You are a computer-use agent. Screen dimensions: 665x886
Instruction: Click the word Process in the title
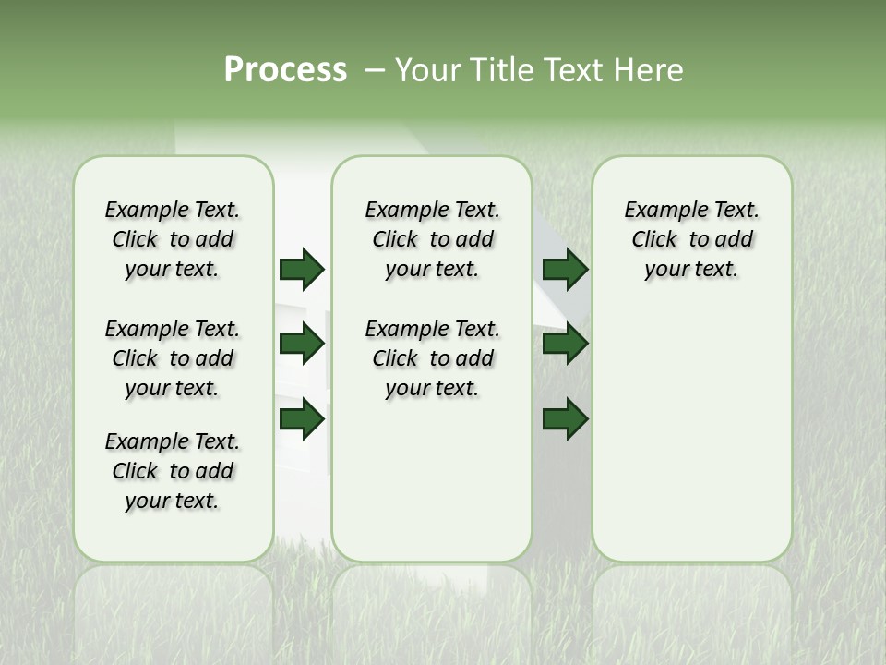click(x=285, y=70)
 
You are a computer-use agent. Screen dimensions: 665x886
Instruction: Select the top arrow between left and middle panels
click(x=302, y=269)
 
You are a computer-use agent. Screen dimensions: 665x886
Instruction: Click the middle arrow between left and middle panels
click(x=302, y=344)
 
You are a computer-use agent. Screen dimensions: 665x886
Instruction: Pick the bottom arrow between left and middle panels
click(x=302, y=419)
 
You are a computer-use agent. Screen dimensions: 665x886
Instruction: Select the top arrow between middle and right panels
click(x=565, y=269)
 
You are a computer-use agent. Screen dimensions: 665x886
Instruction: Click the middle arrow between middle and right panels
click(x=565, y=344)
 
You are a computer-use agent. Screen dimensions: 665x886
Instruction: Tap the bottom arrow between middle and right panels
click(x=565, y=419)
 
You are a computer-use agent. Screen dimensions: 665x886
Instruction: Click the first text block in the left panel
click(x=173, y=239)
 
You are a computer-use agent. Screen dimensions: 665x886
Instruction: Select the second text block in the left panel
click(x=173, y=358)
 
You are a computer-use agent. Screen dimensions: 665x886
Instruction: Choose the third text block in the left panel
click(x=173, y=471)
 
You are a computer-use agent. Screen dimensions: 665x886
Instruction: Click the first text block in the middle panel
click(x=432, y=239)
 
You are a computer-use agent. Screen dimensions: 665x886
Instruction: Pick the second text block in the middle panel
click(x=432, y=358)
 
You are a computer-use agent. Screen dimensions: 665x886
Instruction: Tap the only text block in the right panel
click(x=691, y=239)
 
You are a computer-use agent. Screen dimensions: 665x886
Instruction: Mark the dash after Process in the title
click(x=374, y=70)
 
